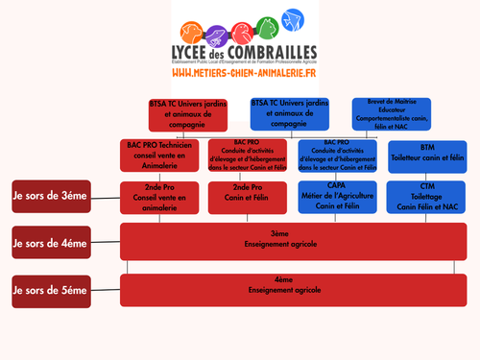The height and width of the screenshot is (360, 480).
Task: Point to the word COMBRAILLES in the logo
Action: (x=273, y=51)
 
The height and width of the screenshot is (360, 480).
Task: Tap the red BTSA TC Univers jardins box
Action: (x=187, y=113)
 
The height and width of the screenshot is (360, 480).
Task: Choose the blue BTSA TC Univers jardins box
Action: (x=289, y=113)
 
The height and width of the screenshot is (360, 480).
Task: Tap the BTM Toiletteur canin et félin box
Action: (x=427, y=155)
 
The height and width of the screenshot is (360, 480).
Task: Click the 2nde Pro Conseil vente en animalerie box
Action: (x=160, y=196)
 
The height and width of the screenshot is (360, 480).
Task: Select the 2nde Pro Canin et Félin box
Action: (x=248, y=196)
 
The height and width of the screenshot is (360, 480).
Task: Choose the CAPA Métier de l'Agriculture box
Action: (x=336, y=196)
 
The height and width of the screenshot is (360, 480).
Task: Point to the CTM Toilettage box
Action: (x=427, y=196)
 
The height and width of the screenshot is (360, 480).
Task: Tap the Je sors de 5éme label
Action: (x=53, y=289)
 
